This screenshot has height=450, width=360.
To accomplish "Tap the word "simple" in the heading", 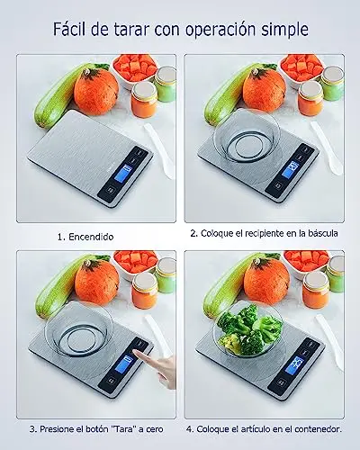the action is click(284, 31).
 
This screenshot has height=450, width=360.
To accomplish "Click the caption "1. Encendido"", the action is click(85, 237).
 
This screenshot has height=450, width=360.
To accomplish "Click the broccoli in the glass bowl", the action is click(249, 329).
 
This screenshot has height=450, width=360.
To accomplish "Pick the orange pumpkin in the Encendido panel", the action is click(96, 92).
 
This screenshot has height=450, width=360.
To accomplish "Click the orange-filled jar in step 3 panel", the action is click(145, 291).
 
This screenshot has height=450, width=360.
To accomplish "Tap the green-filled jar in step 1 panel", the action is click(166, 84).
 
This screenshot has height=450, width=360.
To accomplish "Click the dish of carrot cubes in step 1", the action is click(135, 71).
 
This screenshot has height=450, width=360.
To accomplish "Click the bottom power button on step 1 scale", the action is click(110, 190).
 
